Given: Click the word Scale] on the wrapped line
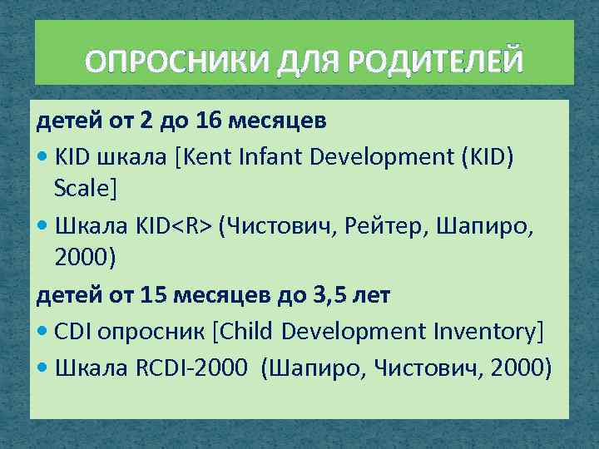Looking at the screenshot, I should click(x=86, y=190).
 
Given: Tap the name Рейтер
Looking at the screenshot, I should click(x=385, y=224).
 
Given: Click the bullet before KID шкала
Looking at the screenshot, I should click(x=42, y=156).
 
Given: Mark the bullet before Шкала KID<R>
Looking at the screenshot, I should click(x=42, y=225).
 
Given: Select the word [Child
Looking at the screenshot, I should click(x=244, y=332).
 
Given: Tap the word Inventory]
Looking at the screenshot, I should click(x=487, y=332).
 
